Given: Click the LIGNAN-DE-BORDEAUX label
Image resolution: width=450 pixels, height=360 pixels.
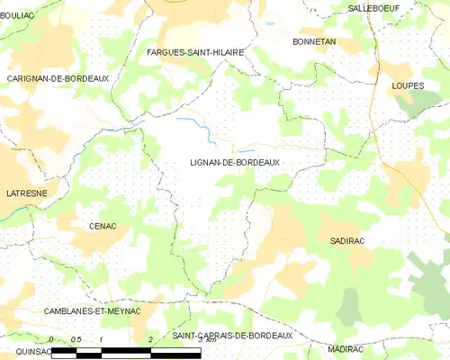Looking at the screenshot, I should click(x=234, y=162).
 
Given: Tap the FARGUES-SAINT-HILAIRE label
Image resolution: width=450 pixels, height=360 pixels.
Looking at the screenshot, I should click(x=195, y=53).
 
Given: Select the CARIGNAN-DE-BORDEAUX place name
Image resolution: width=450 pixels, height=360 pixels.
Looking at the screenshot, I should click(x=58, y=79).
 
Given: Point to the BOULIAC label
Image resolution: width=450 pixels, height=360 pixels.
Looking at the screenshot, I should click(x=17, y=14).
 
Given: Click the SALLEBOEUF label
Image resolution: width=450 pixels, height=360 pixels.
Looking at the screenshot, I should click(x=374, y=8).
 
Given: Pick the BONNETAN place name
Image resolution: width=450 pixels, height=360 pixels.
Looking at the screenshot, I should click(x=314, y=42).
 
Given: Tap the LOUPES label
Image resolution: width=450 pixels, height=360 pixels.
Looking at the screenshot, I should click(x=408, y=86).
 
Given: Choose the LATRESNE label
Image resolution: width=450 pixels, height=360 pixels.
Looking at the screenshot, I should click(x=26, y=193).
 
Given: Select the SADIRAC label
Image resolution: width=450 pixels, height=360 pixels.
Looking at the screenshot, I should click(x=347, y=241).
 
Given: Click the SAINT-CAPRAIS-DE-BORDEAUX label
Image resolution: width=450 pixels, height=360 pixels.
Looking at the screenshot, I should click(x=233, y=336).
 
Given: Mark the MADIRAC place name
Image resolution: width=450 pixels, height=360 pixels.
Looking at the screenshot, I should click(x=346, y=348).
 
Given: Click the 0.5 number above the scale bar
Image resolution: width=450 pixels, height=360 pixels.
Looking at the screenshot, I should click(x=75, y=338).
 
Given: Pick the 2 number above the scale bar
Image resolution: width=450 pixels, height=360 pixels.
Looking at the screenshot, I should click(x=149, y=338).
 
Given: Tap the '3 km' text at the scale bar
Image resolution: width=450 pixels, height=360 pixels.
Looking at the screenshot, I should click(x=206, y=339).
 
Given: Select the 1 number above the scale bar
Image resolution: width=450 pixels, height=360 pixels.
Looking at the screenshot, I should click(x=101, y=338).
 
